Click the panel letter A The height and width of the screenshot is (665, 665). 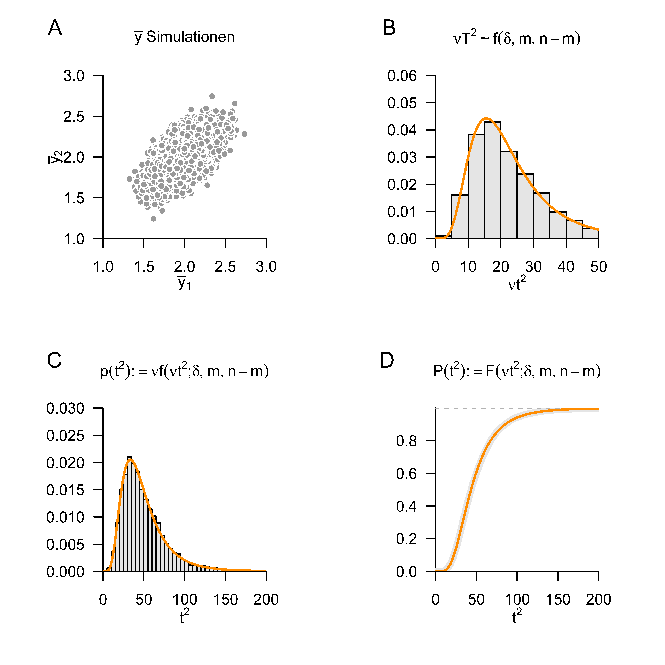click(55, 28)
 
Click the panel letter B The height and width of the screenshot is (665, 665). click(389, 28)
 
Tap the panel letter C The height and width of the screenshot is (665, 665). click(54, 361)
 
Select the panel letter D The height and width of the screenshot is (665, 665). click(387, 361)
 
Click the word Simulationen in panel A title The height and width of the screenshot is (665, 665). click(190, 37)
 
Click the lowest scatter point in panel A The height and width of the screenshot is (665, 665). click(154, 219)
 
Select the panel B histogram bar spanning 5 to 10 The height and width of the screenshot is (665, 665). click(460, 217)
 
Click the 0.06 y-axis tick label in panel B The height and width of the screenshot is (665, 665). click(402, 76)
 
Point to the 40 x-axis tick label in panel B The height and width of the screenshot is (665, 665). click(566, 267)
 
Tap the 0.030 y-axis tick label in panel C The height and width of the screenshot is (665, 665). click(65, 409)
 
